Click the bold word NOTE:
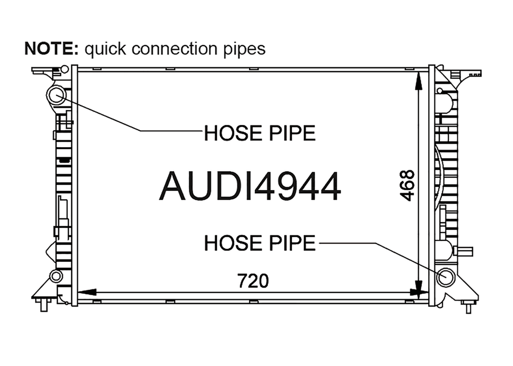pos(52,49)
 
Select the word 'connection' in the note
pos(174,49)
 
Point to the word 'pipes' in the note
pos(244,50)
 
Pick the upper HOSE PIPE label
pos(260,133)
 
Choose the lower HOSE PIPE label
pos(260,243)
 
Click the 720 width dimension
pos(253,281)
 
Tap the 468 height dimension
pos(407,185)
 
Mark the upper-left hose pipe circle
pos(57,95)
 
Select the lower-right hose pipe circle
pos(445,277)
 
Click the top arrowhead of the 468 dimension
pos(418,81)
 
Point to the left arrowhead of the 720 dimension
pos(87,292)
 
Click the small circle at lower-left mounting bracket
pos(56,276)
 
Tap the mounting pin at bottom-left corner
pos(43,305)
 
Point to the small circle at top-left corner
pos(65,69)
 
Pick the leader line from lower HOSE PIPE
pos(382,259)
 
